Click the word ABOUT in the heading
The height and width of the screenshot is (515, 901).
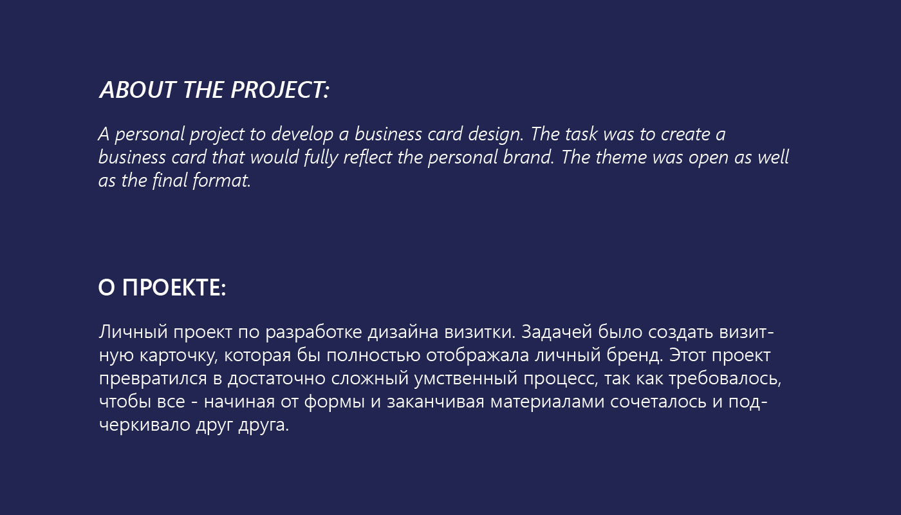tap(138, 89)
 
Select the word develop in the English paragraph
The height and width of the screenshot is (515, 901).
tap(302, 135)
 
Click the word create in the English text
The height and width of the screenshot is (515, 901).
tap(685, 134)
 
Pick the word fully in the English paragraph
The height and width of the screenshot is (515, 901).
tap(320, 158)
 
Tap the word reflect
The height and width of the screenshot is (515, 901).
tap(367, 157)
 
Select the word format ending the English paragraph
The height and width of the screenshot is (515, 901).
tap(221, 180)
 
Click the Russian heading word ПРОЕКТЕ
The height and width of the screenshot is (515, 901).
tap(174, 288)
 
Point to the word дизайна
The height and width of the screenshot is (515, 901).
tap(403, 332)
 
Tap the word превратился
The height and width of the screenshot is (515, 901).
tap(153, 379)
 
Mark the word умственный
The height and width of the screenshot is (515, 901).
tap(466, 379)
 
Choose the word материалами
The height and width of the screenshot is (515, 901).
tap(547, 402)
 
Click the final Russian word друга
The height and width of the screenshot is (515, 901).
tap(263, 426)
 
